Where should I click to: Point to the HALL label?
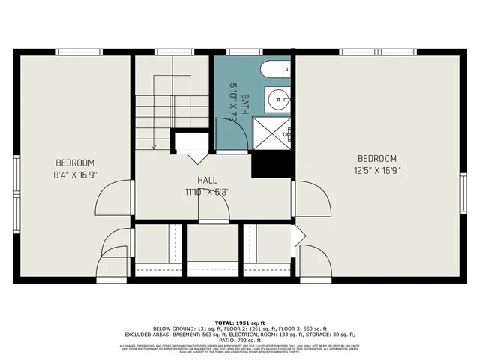point(207,181)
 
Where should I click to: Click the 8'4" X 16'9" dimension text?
point(75,174)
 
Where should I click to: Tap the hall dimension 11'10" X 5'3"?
point(207,191)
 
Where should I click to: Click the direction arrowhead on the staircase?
point(153,145)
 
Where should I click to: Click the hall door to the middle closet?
point(213,210)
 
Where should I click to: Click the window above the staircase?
point(171,52)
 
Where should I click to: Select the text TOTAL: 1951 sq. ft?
point(240,320)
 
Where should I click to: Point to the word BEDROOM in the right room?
point(376,158)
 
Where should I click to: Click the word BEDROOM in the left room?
point(75,163)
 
